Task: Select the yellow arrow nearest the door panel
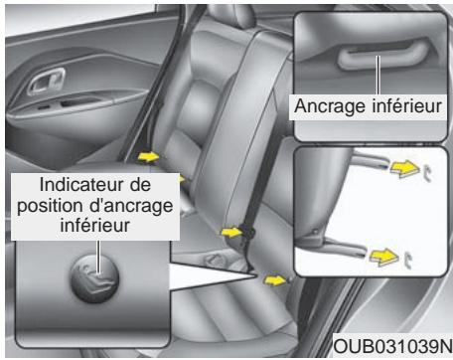pos(148,156)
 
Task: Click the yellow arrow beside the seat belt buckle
pos(229,232)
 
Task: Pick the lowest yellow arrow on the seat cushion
pos(280,281)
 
